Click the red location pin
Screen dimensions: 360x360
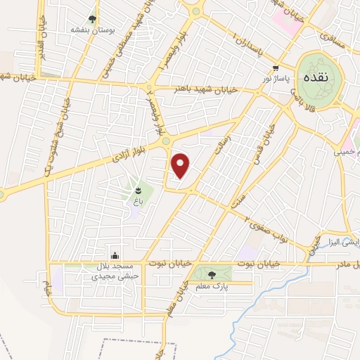(x=181, y=165)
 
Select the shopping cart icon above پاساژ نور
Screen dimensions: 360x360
(x=276, y=67)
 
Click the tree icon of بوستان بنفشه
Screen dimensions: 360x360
(x=93, y=19)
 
